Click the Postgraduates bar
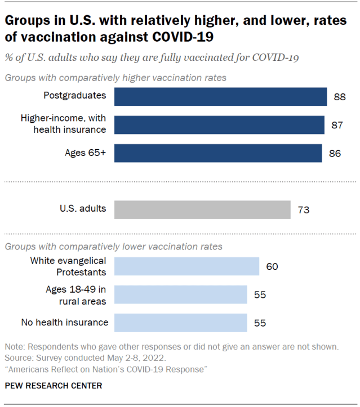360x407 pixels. (x=220, y=96)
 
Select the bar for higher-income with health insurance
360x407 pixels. (x=219, y=124)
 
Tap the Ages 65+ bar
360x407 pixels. (x=218, y=153)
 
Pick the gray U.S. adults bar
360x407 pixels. (x=202, y=209)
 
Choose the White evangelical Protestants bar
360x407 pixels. (x=186, y=266)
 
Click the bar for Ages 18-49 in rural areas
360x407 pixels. (x=180, y=294)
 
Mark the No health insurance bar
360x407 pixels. (x=180, y=323)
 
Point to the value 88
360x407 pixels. (x=339, y=97)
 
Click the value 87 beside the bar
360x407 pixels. (x=337, y=125)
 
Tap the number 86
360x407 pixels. (x=335, y=153)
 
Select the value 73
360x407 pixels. (x=303, y=210)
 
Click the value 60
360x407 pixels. (x=272, y=267)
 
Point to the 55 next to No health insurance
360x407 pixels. (x=260, y=323)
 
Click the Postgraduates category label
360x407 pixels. (x=75, y=95)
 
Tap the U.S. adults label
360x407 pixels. (x=83, y=208)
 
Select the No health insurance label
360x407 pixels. (x=64, y=323)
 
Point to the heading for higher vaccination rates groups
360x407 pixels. (x=115, y=77)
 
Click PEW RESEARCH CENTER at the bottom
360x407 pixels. (x=54, y=386)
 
